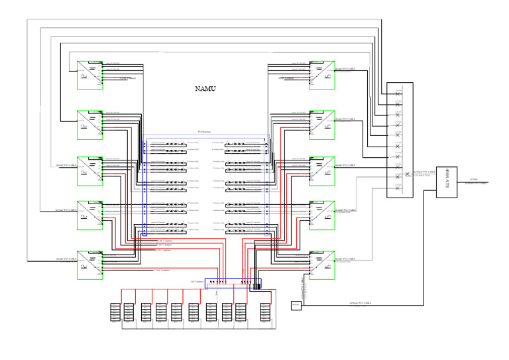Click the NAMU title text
[205, 88]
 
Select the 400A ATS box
[449, 181]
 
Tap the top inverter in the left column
[89, 75]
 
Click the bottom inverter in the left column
[89, 265]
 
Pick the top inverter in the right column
[321, 75]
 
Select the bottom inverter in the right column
[321, 265]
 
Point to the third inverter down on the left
[89, 170]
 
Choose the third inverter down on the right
[321, 170]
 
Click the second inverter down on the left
[89, 125]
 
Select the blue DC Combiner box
[233, 283]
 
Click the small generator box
[296, 305]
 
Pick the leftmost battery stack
[115, 312]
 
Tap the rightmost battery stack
[265, 312]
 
